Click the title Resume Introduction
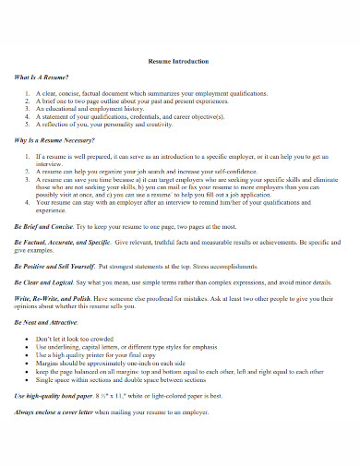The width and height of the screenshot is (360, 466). click(x=179, y=61)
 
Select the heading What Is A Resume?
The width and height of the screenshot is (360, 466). click(x=42, y=80)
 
